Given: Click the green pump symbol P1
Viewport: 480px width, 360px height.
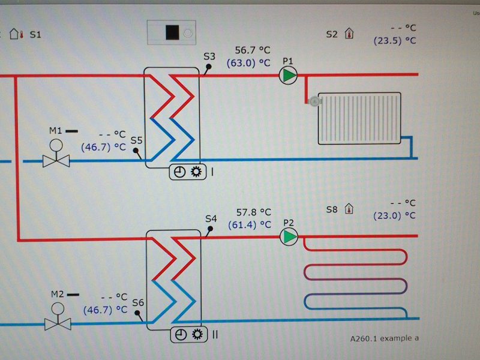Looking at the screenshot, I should click(x=289, y=76).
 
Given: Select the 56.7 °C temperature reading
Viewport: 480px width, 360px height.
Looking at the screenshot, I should click(x=253, y=50).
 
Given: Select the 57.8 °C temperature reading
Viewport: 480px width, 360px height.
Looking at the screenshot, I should click(x=253, y=212).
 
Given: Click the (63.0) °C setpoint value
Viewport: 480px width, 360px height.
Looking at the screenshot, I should click(x=248, y=62).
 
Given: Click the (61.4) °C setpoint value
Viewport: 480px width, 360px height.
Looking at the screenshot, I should click(x=250, y=225).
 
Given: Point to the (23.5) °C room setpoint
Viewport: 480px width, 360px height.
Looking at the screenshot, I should click(x=394, y=41).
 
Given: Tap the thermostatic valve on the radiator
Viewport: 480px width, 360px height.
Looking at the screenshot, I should click(x=312, y=101).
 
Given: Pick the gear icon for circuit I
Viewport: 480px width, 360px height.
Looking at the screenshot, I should click(x=196, y=172).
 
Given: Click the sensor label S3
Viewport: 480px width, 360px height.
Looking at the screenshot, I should click(x=209, y=57).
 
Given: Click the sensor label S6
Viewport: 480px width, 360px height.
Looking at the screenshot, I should click(x=138, y=303).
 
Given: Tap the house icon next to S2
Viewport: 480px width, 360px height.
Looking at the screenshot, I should click(x=349, y=34).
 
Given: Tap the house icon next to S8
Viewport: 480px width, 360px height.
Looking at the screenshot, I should click(x=349, y=209).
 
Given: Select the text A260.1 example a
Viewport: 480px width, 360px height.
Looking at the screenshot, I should click(x=385, y=338).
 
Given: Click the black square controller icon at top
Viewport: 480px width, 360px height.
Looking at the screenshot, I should click(x=173, y=32).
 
